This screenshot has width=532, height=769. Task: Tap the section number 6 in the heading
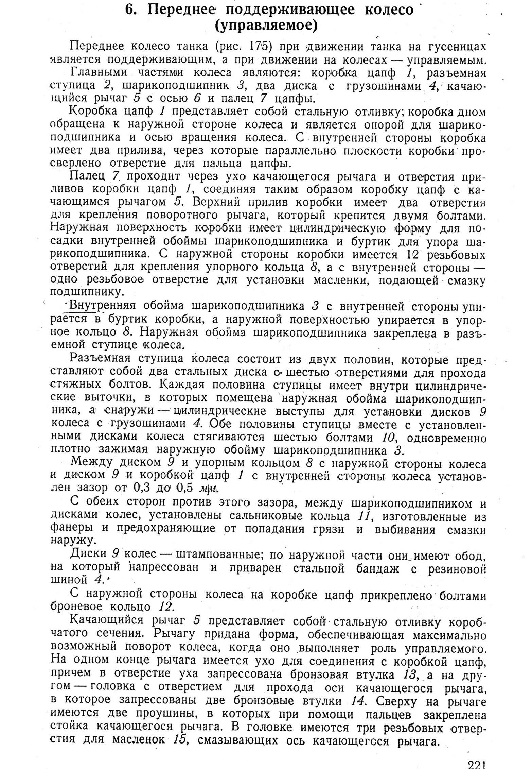(129, 10)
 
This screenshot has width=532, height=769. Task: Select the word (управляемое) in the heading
(266, 26)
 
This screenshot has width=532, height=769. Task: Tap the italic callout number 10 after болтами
(388, 437)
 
